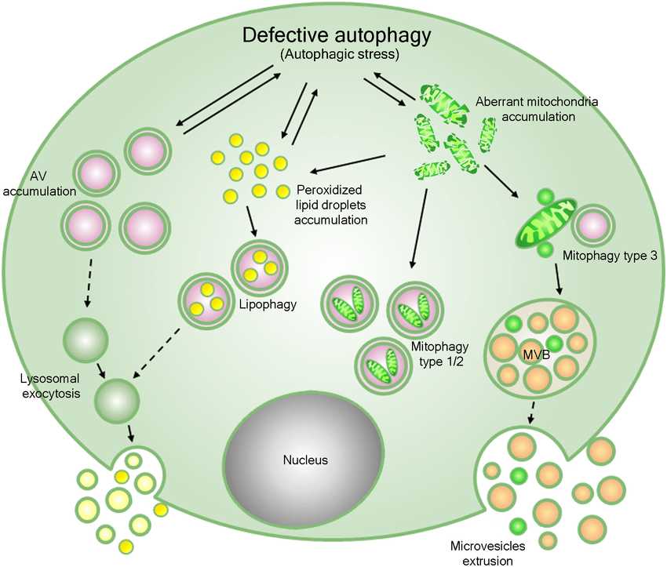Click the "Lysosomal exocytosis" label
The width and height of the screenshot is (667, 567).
[50, 386]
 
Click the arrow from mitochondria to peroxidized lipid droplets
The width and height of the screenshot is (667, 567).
[348, 163]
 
